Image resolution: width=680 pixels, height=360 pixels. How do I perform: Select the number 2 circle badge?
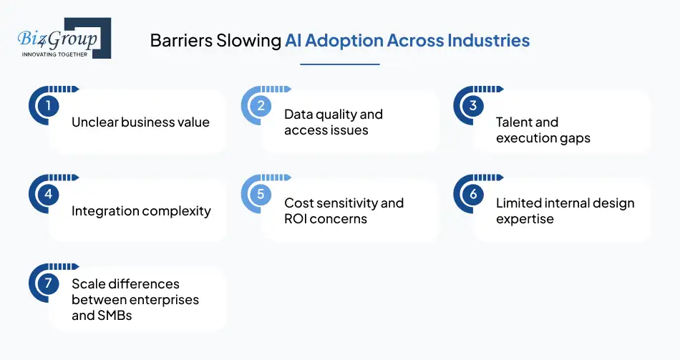(x=261, y=107)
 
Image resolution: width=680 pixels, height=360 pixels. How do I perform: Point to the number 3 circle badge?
(x=473, y=107)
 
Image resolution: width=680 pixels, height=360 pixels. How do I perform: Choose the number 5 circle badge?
(x=261, y=195)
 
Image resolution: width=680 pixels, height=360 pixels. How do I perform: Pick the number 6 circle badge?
(x=473, y=195)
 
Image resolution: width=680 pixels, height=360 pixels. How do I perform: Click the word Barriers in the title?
(x=179, y=40)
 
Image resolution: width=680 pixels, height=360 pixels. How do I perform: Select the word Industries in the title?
(x=488, y=40)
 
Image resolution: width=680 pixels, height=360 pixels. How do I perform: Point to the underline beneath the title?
(x=339, y=64)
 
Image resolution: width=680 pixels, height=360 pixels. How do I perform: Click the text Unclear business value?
(x=140, y=122)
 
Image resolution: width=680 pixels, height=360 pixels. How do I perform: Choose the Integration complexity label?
(x=141, y=211)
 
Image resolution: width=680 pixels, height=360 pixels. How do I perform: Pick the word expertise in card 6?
(x=525, y=219)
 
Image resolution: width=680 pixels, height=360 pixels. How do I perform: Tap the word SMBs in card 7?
(x=113, y=315)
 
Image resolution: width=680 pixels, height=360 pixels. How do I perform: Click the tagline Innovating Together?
(x=54, y=54)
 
